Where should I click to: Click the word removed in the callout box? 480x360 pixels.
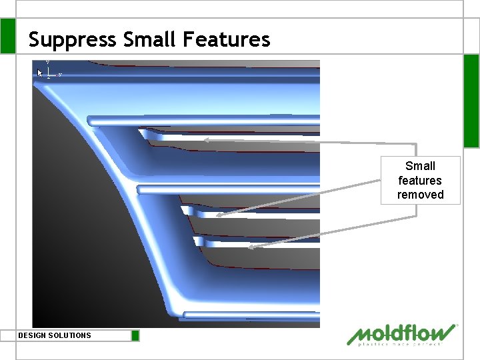(420, 195)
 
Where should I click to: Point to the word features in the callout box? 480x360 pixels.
(420, 181)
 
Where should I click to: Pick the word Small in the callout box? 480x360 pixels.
(420, 166)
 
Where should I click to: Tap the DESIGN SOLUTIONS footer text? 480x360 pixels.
(55, 335)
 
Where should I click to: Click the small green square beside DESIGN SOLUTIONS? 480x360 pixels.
(135, 335)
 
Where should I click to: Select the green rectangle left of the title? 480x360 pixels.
(7, 36)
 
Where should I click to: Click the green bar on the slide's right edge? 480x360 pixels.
(471, 100)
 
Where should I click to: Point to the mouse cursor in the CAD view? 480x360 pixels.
(40, 72)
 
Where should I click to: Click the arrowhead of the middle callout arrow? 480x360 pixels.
(218, 215)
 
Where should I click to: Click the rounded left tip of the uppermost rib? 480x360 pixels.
(91, 121)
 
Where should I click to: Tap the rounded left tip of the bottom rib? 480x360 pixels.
(187, 315)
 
